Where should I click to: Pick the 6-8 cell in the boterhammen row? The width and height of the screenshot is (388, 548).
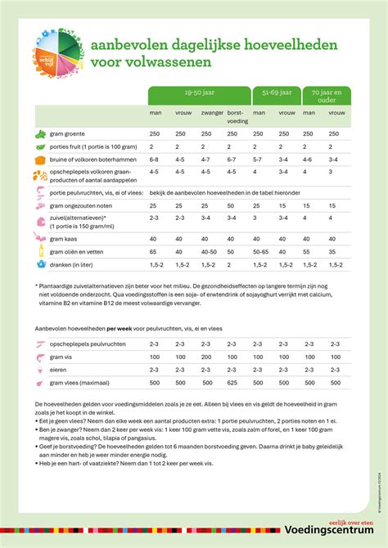[156, 159]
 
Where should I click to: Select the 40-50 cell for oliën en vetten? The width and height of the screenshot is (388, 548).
[210, 252]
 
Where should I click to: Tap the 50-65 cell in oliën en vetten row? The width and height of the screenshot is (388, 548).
[260, 252]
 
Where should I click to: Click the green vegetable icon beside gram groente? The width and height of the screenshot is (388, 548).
[40, 133]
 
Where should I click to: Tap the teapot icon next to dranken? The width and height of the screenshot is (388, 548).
[40, 264]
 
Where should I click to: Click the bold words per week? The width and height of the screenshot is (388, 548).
[116, 327]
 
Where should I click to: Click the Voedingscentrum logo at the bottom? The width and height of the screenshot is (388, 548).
[333, 532]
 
